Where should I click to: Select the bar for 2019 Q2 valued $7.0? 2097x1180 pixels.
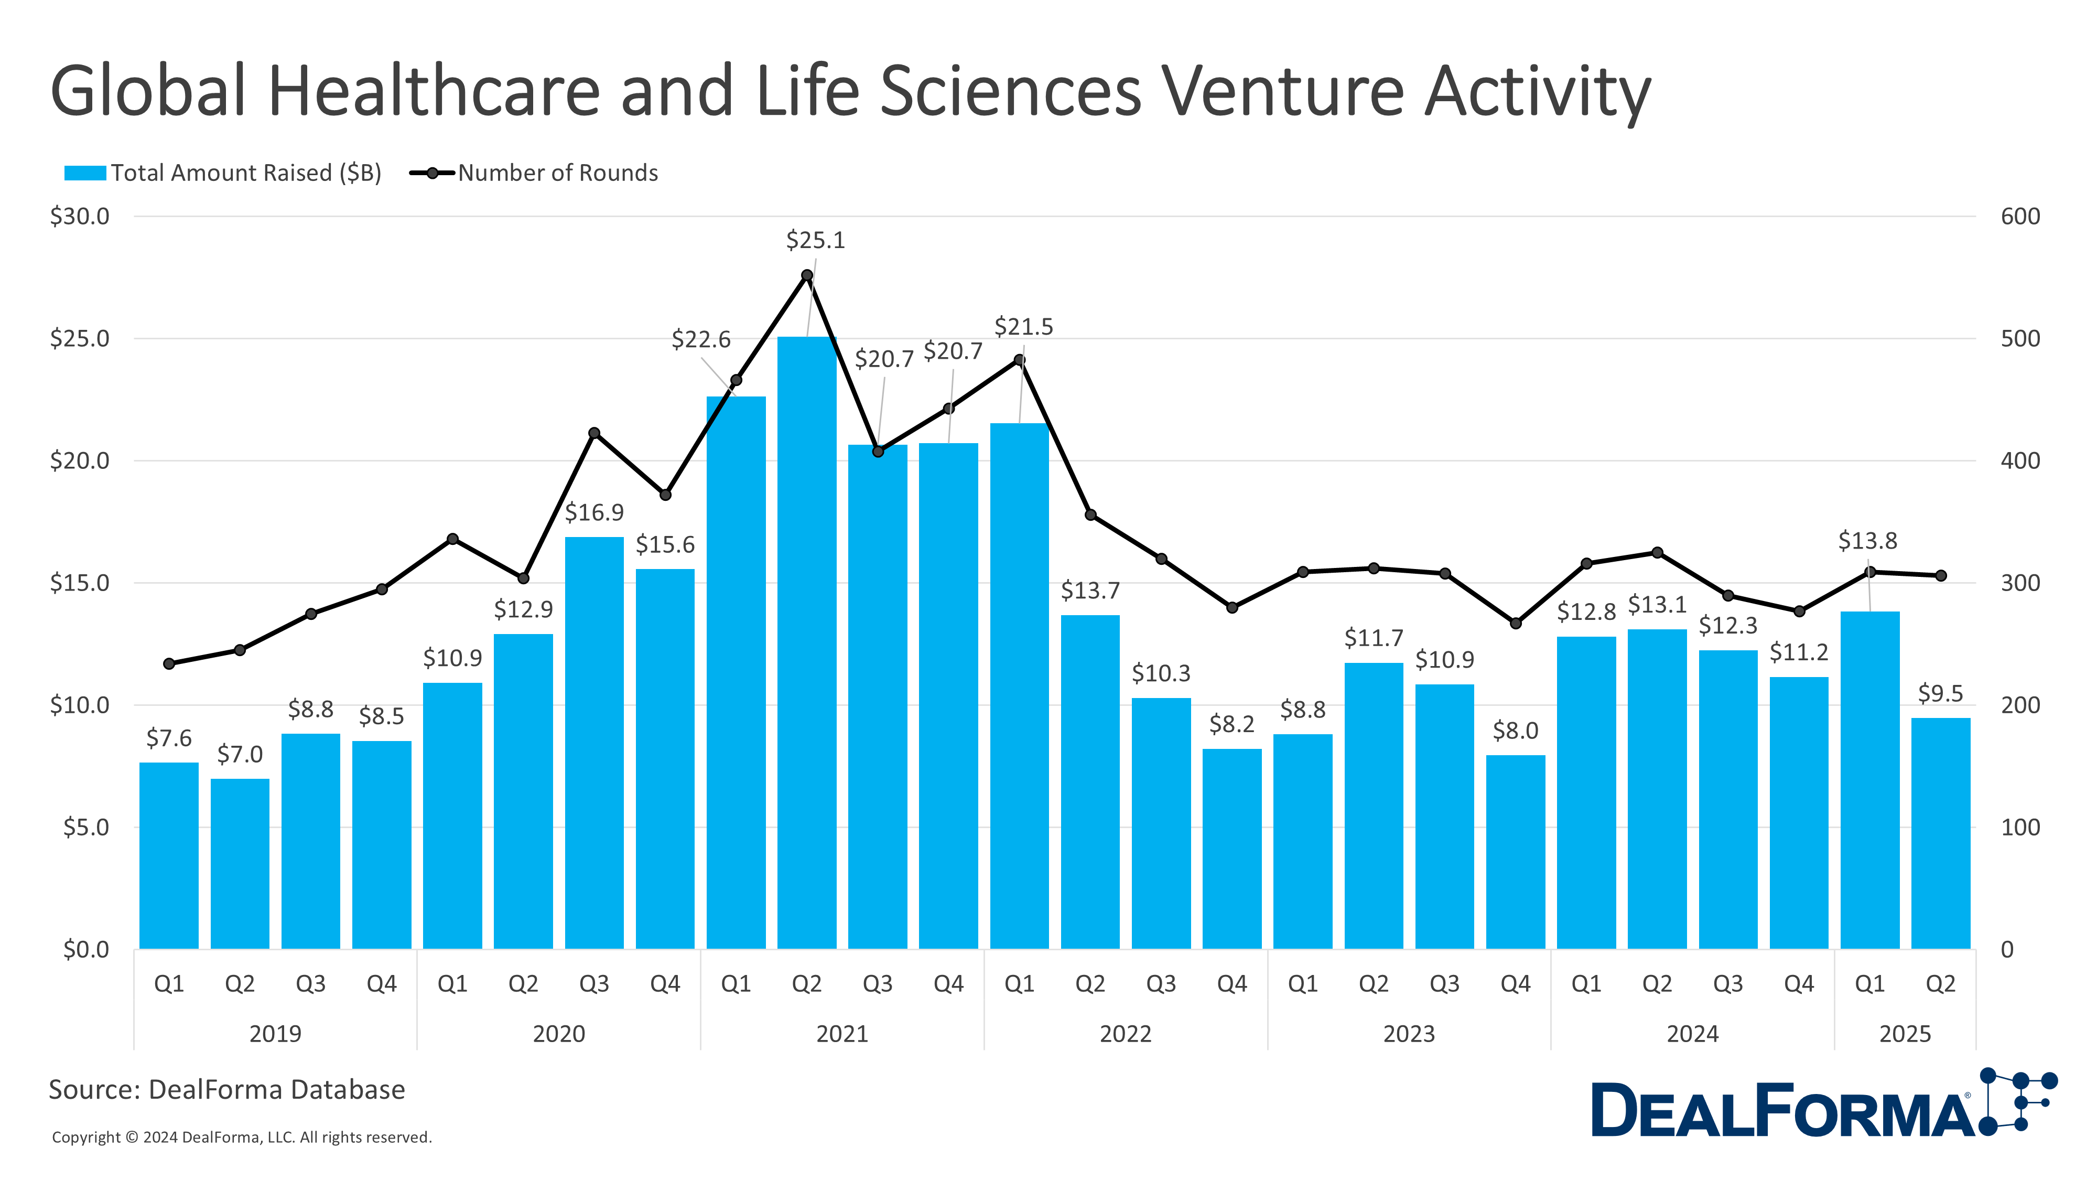click(240, 863)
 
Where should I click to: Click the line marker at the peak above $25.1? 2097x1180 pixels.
click(807, 275)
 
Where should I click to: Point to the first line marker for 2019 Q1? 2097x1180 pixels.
click(169, 664)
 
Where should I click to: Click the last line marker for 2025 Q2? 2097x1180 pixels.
click(1941, 576)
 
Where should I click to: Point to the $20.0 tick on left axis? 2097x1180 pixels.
click(80, 461)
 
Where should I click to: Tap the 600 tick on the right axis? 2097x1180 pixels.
click(2019, 217)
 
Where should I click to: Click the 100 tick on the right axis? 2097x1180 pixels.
click(2019, 828)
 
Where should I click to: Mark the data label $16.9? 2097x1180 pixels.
click(594, 512)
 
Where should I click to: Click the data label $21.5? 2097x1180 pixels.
click(1023, 327)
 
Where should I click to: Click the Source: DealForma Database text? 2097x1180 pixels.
click(226, 1090)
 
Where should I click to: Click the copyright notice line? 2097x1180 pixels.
click(242, 1137)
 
